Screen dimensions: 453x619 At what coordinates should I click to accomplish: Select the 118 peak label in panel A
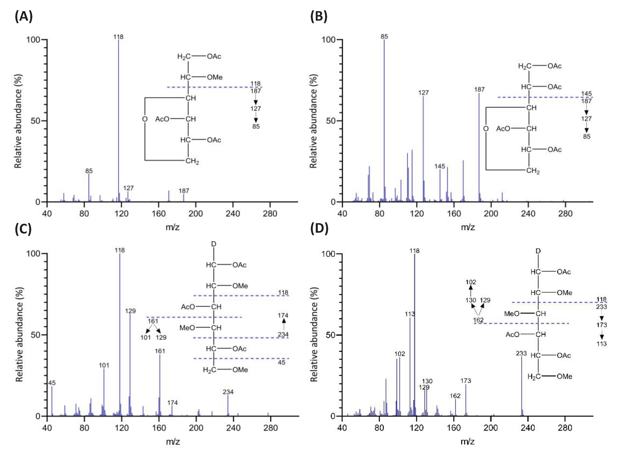point(118,37)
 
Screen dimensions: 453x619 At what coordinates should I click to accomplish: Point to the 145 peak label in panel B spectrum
point(440,166)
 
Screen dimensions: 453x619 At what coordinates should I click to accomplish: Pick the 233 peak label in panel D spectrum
point(521,353)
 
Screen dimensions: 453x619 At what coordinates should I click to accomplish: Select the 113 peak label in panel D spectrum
point(410,314)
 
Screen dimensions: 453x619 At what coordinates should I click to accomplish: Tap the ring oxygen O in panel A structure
point(145,119)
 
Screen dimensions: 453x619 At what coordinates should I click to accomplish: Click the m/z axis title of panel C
point(173,441)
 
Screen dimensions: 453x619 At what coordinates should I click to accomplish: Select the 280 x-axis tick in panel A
point(270,214)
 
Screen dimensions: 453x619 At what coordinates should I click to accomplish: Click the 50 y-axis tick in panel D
point(331,335)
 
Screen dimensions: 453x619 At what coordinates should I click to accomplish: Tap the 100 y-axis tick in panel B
point(328,40)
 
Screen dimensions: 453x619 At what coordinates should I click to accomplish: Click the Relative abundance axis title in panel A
point(18,121)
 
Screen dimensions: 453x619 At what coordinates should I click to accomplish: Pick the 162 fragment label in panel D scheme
point(478,320)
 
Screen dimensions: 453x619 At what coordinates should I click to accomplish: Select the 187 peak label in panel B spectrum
point(479,89)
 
